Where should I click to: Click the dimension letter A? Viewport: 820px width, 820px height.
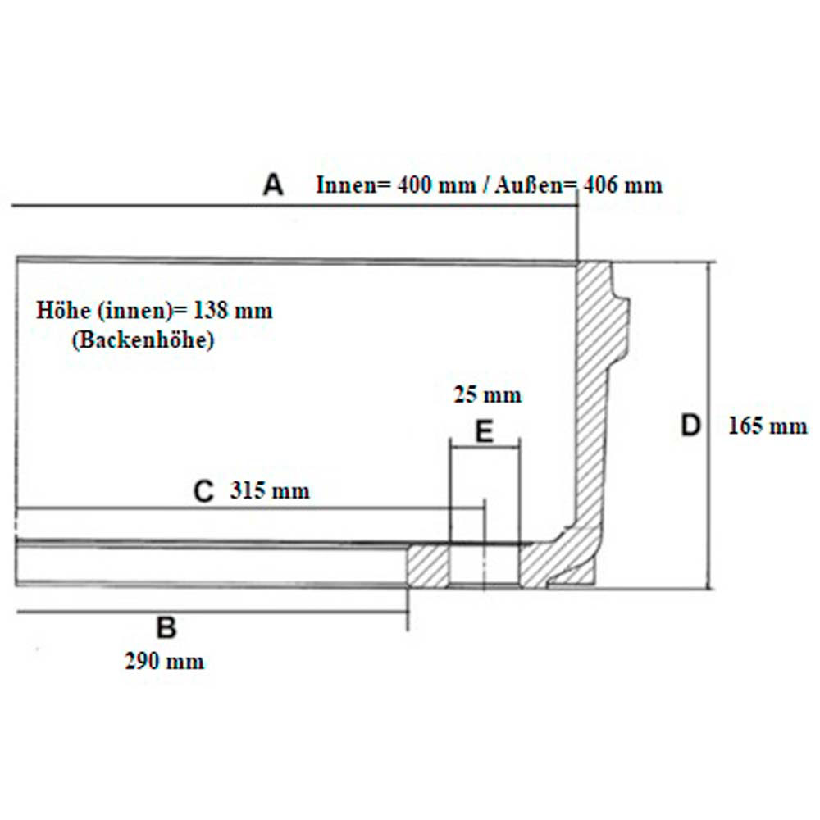273,185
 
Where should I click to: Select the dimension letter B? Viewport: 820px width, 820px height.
166,627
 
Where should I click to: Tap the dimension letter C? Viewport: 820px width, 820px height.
203,491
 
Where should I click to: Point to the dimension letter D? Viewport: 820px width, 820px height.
690,425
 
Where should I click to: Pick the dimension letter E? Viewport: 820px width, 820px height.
484,432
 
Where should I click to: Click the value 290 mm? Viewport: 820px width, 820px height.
164,662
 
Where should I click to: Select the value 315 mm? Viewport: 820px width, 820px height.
270,490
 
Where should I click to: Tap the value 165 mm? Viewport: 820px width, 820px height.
768,426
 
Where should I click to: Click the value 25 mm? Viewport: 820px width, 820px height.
487,394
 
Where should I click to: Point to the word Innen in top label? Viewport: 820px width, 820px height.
346,185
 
